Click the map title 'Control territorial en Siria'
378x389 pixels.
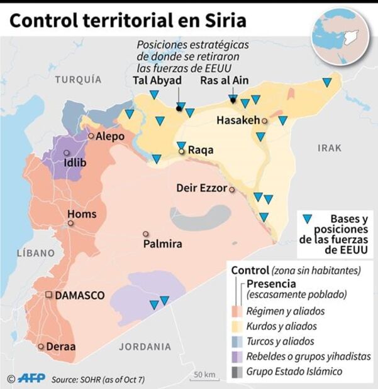[x=128, y=20]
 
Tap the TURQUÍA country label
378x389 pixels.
[x=78, y=79]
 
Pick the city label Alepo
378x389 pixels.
[x=110, y=136]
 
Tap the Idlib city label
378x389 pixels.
[x=75, y=163]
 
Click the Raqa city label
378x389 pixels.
[x=201, y=151]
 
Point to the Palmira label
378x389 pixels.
[x=162, y=243]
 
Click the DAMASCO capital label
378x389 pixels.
[x=79, y=295]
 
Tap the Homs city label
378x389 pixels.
[x=82, y=214]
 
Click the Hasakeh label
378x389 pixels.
[x=238, y=120]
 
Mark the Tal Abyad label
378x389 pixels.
[x=157, y=80]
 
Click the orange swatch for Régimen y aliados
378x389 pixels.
[x=237, y=311]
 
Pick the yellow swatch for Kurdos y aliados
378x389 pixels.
[x=237, y=326]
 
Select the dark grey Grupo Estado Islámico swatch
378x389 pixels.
[x=237, y=371]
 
